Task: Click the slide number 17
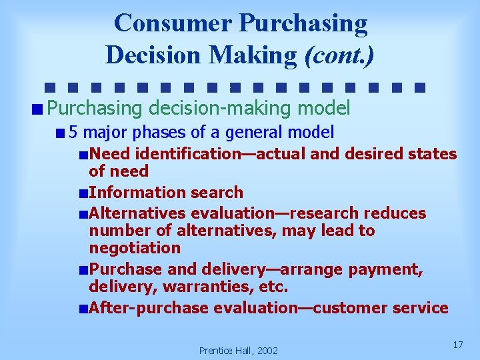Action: (x=457, y=345)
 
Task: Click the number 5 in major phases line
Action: (x=73, y=132)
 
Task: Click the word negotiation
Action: (x=135, y=248)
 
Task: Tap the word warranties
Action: (x=215, y=287)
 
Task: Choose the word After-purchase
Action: (x=149, y=308)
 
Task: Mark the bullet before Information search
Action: (x=82, y=193)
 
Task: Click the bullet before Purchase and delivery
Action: (x=82, y=270)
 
